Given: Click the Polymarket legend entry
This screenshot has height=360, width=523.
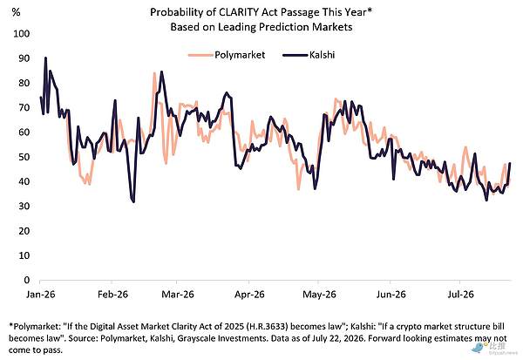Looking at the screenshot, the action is [227, 55].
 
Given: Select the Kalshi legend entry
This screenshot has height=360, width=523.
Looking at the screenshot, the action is [309, 55].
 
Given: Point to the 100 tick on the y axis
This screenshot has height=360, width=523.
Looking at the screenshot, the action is [21, 34].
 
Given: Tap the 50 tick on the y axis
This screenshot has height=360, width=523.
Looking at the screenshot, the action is [24, 157].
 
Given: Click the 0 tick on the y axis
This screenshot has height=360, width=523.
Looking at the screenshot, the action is [27, 280].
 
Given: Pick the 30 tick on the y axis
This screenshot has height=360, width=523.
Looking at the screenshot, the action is [24, 207].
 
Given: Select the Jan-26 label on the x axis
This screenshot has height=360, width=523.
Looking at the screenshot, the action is [41, 295].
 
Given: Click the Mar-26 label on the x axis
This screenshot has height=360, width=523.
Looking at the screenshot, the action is [178, 295].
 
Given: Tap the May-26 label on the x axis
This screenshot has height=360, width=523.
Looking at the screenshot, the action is [319, 295].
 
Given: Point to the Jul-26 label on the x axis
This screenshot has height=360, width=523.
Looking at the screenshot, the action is [460, 295].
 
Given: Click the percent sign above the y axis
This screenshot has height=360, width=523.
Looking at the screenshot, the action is [16, 12].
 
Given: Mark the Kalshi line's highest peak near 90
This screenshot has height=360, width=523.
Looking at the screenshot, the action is [45, 58].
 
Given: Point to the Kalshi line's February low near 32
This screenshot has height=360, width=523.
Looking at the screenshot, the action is [133, 202].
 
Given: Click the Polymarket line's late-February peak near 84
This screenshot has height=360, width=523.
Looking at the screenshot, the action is [154, 72].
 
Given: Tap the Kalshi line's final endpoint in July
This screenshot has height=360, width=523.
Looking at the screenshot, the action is [510, 163].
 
